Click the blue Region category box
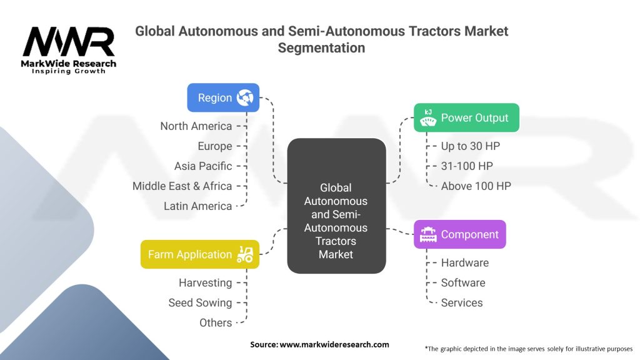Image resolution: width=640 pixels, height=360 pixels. click(x=223, y=97)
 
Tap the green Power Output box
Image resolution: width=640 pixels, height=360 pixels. click(x=466, y=117)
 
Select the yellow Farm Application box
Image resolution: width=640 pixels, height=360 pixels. click(x=199, y=254)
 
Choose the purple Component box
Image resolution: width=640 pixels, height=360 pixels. click(x=459, y=234)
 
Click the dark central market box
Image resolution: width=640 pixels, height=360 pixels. click(x=336, y=206)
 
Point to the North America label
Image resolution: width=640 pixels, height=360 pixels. click(x=196, y=126)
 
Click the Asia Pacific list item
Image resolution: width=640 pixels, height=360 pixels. click(x=203, y=166)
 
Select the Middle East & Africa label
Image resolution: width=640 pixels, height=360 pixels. click(x=182, y=186)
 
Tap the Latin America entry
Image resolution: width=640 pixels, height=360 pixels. click(x=197, y=206)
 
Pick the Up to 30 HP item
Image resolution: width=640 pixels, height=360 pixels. click(x=470, y=146)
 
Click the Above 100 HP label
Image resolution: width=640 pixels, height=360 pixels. click(x=476, y=186)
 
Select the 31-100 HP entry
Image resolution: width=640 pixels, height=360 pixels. click(x=466, y=166)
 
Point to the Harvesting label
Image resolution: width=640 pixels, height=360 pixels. click(x=205, y=283)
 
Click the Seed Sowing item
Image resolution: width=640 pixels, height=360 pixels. click(x=200, y=303)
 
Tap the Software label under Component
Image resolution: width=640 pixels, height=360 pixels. click(x=462, y=283)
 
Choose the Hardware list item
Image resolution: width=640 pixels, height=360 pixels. click(x=464, y=263)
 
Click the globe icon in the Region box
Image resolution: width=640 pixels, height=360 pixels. click(x=244, y=97)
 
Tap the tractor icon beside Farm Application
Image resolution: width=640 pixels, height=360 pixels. click(x=244, y=254)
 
